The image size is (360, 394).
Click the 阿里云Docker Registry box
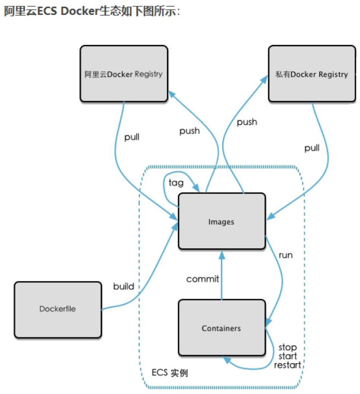click(x=124, y=74)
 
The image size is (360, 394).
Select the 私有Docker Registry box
click(x=312, y=74)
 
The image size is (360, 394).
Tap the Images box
click(x=222, y=221)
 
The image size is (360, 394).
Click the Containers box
click(x=222, y=328)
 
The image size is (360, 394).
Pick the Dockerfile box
click(x=58, y=310)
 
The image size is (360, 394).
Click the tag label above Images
click(x=176, y=183)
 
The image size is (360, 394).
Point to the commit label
click(x=203, y=279)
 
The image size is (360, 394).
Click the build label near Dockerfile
click(x=124, y=286)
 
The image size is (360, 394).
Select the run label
click(x=286, y=255)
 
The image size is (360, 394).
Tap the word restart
click(x=288, y=365)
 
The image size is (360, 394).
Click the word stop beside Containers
click(x=288, y=347)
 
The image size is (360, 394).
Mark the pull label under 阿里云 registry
click(x=132, y=137)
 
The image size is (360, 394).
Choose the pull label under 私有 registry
click(x=312, y=148)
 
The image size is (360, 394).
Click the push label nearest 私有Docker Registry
click(x=247, y=122)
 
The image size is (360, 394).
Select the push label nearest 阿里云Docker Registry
click(x=189, y=131)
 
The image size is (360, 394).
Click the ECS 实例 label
click(x=170, y=373)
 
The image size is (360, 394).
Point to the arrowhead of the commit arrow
click(x=222, y=255)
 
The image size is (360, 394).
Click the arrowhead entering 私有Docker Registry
click(x=264, y=79)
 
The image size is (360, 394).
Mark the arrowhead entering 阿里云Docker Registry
click(x=172, y=94)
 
